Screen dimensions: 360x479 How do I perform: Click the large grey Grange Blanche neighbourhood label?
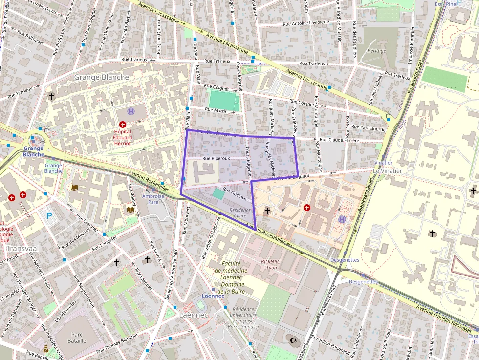pyautogui.click(x=101, y=77)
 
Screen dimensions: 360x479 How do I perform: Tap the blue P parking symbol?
pyautogui.click(x=49, y=215)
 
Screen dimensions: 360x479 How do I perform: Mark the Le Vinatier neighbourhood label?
pyautogui.click(x=387, y=171)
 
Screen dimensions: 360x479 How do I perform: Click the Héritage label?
pyautogui.click(x=376, y=51)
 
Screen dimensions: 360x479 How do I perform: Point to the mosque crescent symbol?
pyautogui.click(x=294, y=339)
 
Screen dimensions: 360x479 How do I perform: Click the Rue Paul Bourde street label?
pyautogui.click(x=369, y=128)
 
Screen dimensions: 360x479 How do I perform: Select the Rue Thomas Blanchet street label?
pyautogui.click(x=117, y=344)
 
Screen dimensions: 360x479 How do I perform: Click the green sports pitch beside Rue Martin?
pyautogui.click(x=224, y=101)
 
